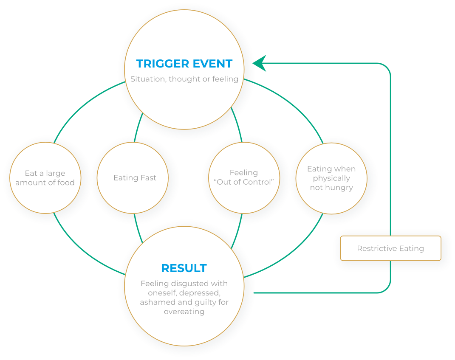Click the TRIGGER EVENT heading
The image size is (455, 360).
[x=184, y=64]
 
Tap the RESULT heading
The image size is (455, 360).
[x=184, y=268]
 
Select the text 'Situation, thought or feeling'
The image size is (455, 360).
[x=184, y=79]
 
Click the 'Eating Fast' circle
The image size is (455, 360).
[x=135, y=178]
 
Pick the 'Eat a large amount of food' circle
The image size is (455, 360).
[x=45, y=178]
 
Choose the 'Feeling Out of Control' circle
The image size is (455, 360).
[x=244, y=178]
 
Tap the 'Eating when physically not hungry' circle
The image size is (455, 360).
[x=331, y=178]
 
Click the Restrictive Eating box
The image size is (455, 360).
[x=390, y=249]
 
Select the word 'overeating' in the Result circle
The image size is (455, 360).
[x=184, y=312]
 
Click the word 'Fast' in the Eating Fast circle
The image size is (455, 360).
[x=147, y=178]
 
